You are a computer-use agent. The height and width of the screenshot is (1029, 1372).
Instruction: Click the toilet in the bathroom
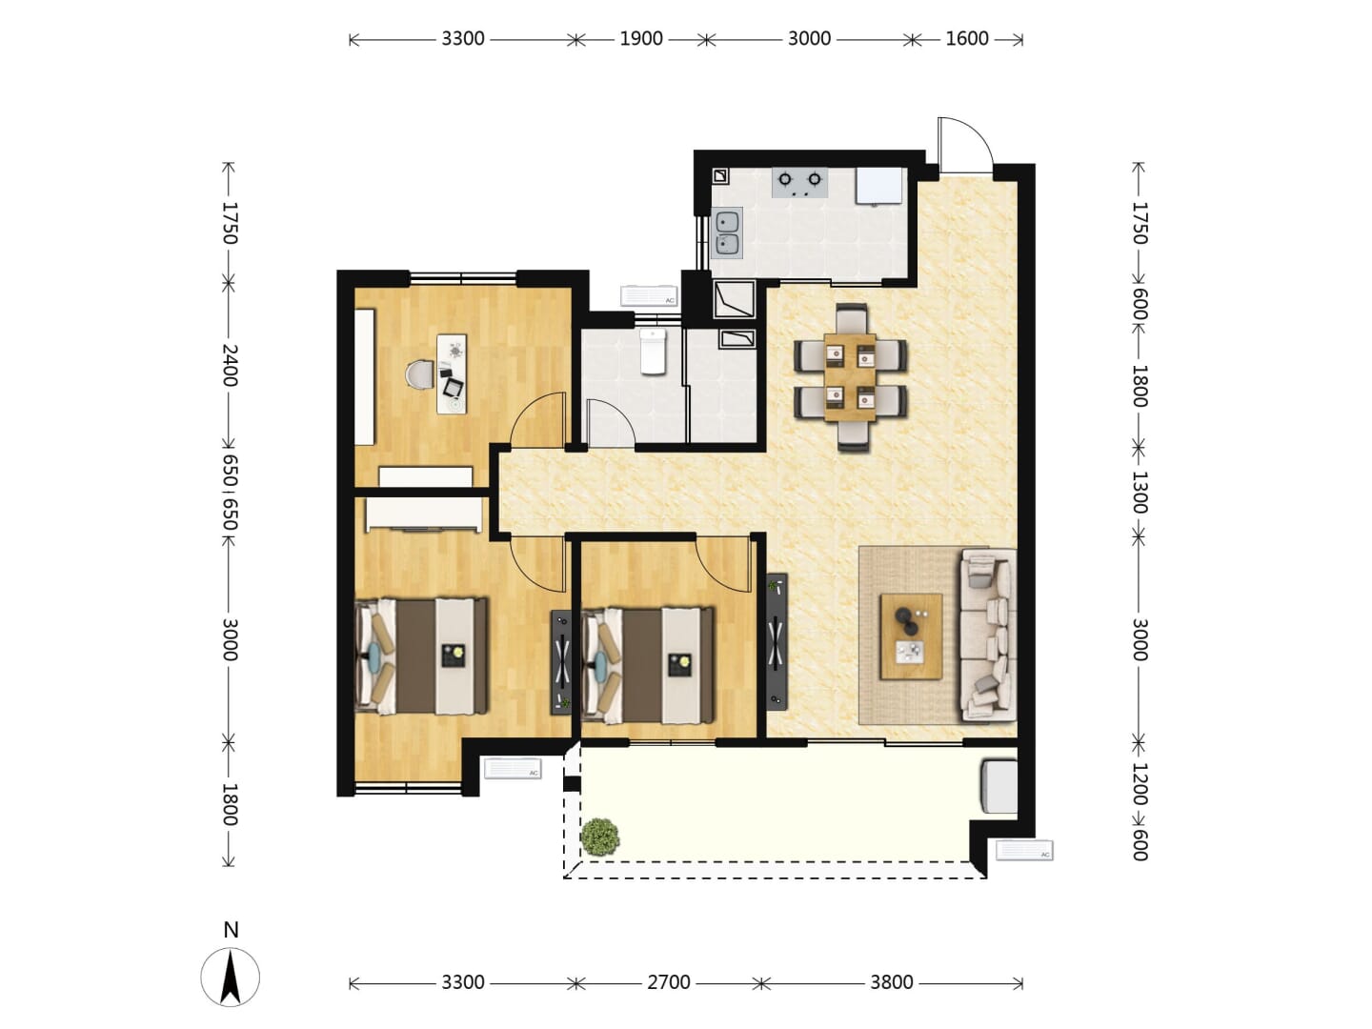coord(654,352)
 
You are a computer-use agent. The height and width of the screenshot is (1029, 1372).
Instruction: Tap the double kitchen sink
coord(727,233)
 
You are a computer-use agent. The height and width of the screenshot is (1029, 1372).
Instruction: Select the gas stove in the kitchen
coord(799,182)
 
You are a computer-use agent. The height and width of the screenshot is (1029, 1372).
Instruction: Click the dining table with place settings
coord(850,376)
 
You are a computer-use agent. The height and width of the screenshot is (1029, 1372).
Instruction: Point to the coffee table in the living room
coord(911,636)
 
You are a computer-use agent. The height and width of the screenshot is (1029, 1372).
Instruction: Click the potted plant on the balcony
coord(600,837)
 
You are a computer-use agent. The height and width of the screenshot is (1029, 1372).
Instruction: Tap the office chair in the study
coord(419,375)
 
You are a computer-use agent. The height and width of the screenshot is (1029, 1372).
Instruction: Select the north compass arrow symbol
coord(230,977)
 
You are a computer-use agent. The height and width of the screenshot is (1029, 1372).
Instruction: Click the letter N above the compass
coord(231,930)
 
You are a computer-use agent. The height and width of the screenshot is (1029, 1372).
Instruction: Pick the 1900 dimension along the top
coord(640,39)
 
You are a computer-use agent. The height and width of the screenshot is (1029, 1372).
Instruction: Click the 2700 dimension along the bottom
coord(668,982)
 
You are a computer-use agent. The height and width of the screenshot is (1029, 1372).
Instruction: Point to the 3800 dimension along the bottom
coord(892,982)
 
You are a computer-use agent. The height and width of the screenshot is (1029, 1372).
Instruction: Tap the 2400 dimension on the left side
coord(230,365)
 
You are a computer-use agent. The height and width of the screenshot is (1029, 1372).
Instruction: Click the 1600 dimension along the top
coord(966,39)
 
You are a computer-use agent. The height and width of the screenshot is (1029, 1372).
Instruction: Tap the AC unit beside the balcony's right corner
coord(1024,850)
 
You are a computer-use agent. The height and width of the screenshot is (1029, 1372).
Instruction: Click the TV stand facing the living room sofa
coord(777,641)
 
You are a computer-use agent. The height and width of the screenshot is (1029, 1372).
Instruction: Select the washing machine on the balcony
coord(999,786)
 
